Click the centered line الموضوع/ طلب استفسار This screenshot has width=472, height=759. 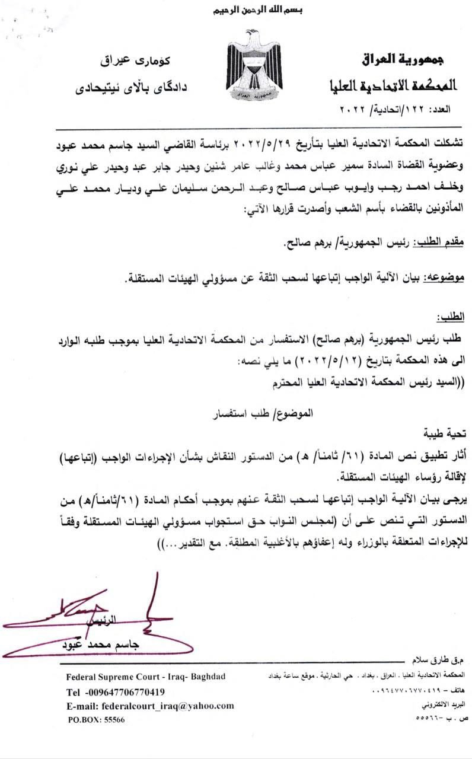pyautogui.click(x=240, y=410)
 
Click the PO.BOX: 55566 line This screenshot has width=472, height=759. pyautogui.click(x=97, y=719)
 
